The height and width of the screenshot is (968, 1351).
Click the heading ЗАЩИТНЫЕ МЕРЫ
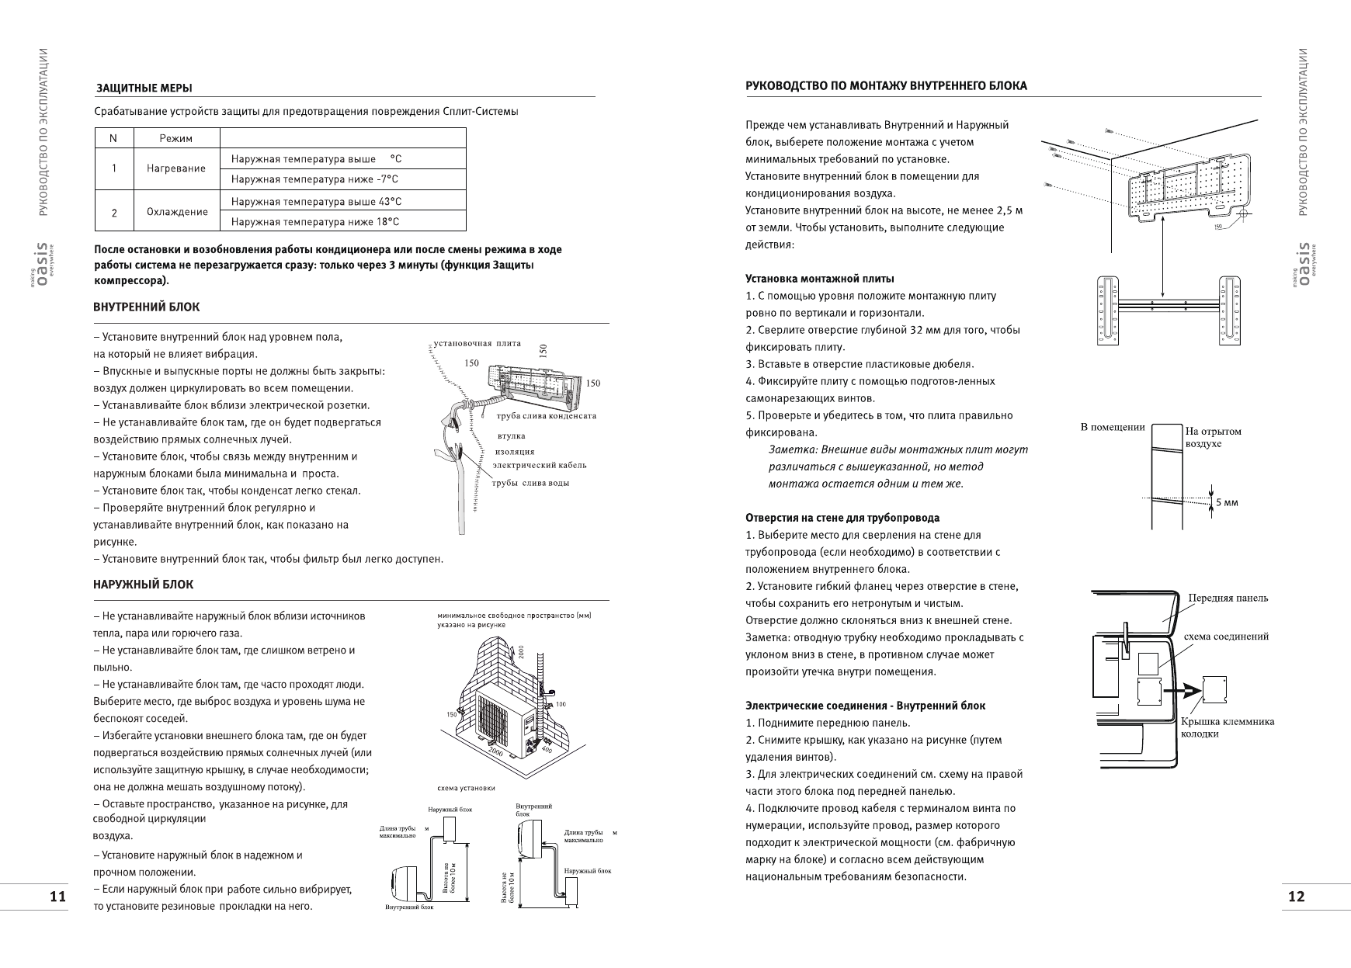(x=144, y=87)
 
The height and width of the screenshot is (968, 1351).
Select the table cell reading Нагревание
(x=177, y=168)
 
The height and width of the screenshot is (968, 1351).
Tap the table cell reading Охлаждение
(x=177, y=211)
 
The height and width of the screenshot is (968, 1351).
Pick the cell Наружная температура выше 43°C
(x=316, y=201)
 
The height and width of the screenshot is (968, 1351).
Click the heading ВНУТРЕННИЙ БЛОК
(x=147, y=307)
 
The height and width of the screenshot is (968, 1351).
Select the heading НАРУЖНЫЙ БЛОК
(x=144, y=585)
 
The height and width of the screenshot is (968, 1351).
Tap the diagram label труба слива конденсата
(x=546, y=416)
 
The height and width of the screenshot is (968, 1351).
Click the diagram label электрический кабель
(x=540, y=465)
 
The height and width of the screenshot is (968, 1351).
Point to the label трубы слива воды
(x=531, y=483)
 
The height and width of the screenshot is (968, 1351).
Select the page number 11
(x=57, y=897)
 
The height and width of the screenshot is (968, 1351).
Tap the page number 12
(x=1296, y=897)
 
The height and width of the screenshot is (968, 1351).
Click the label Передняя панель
(x=1228, y=598)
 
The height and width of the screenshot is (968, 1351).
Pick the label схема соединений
(x=1226, y=637)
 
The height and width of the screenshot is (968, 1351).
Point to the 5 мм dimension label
(x=1227, y=502)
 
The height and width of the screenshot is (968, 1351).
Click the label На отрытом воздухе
(x=1213, y=437)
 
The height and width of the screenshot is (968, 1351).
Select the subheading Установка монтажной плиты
(x=819, y=279)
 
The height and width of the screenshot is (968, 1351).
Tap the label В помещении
(x=1113, y=427)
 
